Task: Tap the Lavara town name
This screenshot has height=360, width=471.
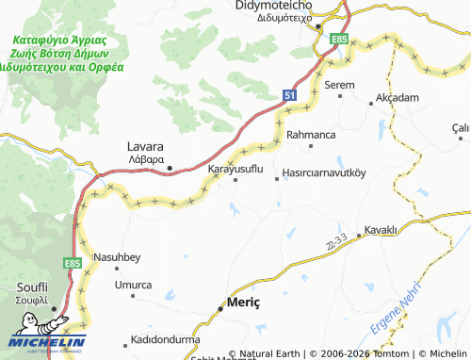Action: (145, 147)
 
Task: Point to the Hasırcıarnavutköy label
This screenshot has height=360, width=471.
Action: (325, 174)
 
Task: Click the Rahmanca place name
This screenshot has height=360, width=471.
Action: (311, 135)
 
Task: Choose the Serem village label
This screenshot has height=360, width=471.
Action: (339, 85)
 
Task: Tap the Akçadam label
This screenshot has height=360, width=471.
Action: (397, 97)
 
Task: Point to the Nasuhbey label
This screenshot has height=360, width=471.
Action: (117, 257)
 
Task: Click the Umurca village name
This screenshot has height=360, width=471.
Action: (133, 284)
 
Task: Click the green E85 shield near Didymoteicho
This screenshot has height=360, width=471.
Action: (339, 40)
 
